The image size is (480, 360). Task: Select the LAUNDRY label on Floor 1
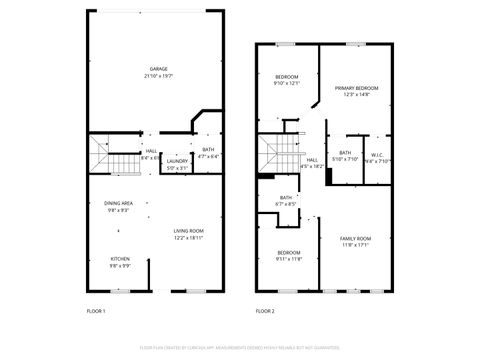point(178,161)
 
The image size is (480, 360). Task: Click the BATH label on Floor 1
point(208,150)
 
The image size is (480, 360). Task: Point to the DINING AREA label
point(119,203)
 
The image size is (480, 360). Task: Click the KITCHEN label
point(119,259)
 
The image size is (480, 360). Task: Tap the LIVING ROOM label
point(188,231)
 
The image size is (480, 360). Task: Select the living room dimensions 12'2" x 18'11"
point(188,238)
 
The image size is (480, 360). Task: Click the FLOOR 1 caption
point(95,311)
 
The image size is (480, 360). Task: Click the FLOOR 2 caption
point(264,311)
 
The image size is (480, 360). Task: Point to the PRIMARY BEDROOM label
point(357,88)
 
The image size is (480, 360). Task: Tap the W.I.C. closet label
point(377,154)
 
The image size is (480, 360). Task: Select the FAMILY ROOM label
point(355,238)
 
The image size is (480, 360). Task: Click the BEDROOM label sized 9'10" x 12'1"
point(287,77)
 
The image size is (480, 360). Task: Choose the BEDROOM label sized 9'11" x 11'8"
point(289,252)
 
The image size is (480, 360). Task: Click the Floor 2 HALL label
point(312,160)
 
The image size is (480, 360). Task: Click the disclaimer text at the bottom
point(239,347)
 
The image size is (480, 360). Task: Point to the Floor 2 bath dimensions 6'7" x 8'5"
point(286,204)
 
